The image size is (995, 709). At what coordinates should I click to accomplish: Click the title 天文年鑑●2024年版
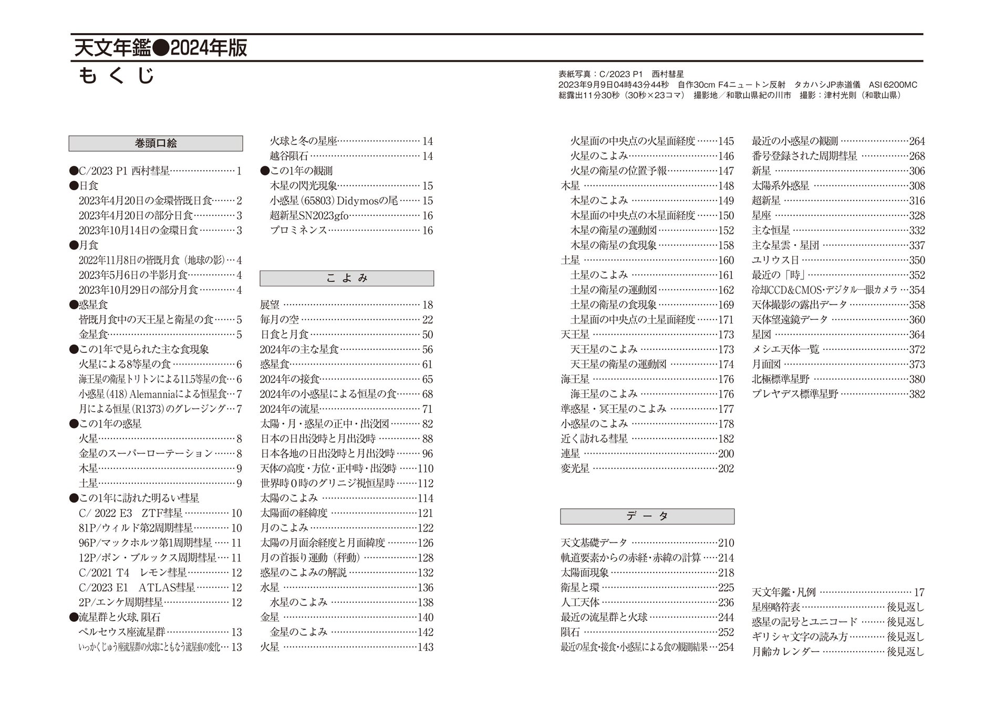point(160,48)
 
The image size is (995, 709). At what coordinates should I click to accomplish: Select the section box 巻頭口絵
point(156,143)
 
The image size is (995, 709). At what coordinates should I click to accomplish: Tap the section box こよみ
point(347,278)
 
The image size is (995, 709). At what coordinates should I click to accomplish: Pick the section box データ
point(647,516)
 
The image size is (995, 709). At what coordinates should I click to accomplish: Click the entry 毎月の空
point(279,320)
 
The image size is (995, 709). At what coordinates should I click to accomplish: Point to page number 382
point(917,394)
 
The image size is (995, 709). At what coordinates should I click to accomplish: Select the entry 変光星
point(575,468)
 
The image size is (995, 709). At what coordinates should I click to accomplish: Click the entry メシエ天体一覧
point(785,350)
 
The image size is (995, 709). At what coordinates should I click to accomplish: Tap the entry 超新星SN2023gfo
point(309,216)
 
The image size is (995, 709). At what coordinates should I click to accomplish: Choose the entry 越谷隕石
point(289,156)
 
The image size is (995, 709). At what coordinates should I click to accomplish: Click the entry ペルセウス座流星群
point(122,632)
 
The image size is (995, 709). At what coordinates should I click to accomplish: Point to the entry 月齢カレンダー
point(785,652)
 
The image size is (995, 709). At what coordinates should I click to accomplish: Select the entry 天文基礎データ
point(594,543)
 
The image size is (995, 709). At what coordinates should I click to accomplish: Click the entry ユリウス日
point(775,260)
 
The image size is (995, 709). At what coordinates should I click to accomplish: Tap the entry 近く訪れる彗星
point(594,439)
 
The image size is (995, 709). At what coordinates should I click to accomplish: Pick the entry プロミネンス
point(298,231)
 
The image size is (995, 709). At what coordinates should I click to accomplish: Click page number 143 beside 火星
point(425,648)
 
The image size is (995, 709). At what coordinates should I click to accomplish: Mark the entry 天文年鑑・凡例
point(783,592)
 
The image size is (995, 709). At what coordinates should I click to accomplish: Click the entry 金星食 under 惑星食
point(94,335)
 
